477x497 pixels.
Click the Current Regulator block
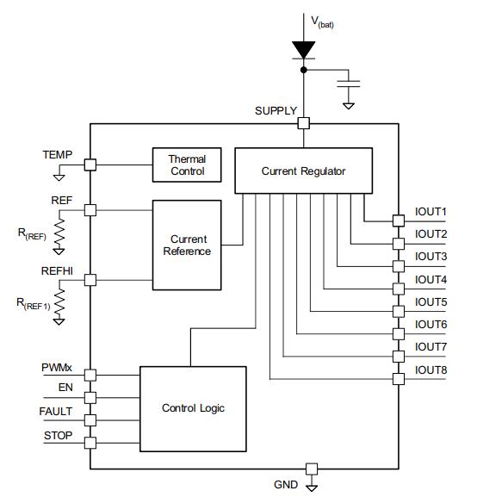pyautogui.click(x=303, y=171)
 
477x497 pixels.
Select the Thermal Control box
pyautogui.click(x=187, y=165)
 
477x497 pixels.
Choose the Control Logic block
pyautogui.click(x=193, y=407)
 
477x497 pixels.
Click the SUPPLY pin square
pyautogui.click(x=303, y=123)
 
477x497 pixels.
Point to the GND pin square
pyautogui.click(x=311, y=469)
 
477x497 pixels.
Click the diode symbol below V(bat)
pyautogui.click(x=303, y=51)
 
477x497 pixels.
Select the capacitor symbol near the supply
pyautogui.click(x=349, y=83)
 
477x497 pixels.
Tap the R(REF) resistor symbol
pyautogui.click(x=60, y=231)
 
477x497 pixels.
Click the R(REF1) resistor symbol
pyautogui.click(x=60, y=301)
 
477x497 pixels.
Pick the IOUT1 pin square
pyautogui.click(x=398, y=221)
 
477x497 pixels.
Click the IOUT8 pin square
pyautogui.click(x=398, y=379)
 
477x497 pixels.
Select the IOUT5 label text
pyautogui.click(x=431, y=301)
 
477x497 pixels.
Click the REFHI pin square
pyautogui.click(x=90, y=280)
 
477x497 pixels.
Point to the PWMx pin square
pyautogui.click(x=90, y=375)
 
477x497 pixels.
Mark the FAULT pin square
pyautogui.click(x=90, y=420)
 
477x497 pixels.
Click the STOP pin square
pyautogui.click(x=90, y=443)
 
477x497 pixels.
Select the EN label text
pyautogui.click(x=65, y=388)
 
